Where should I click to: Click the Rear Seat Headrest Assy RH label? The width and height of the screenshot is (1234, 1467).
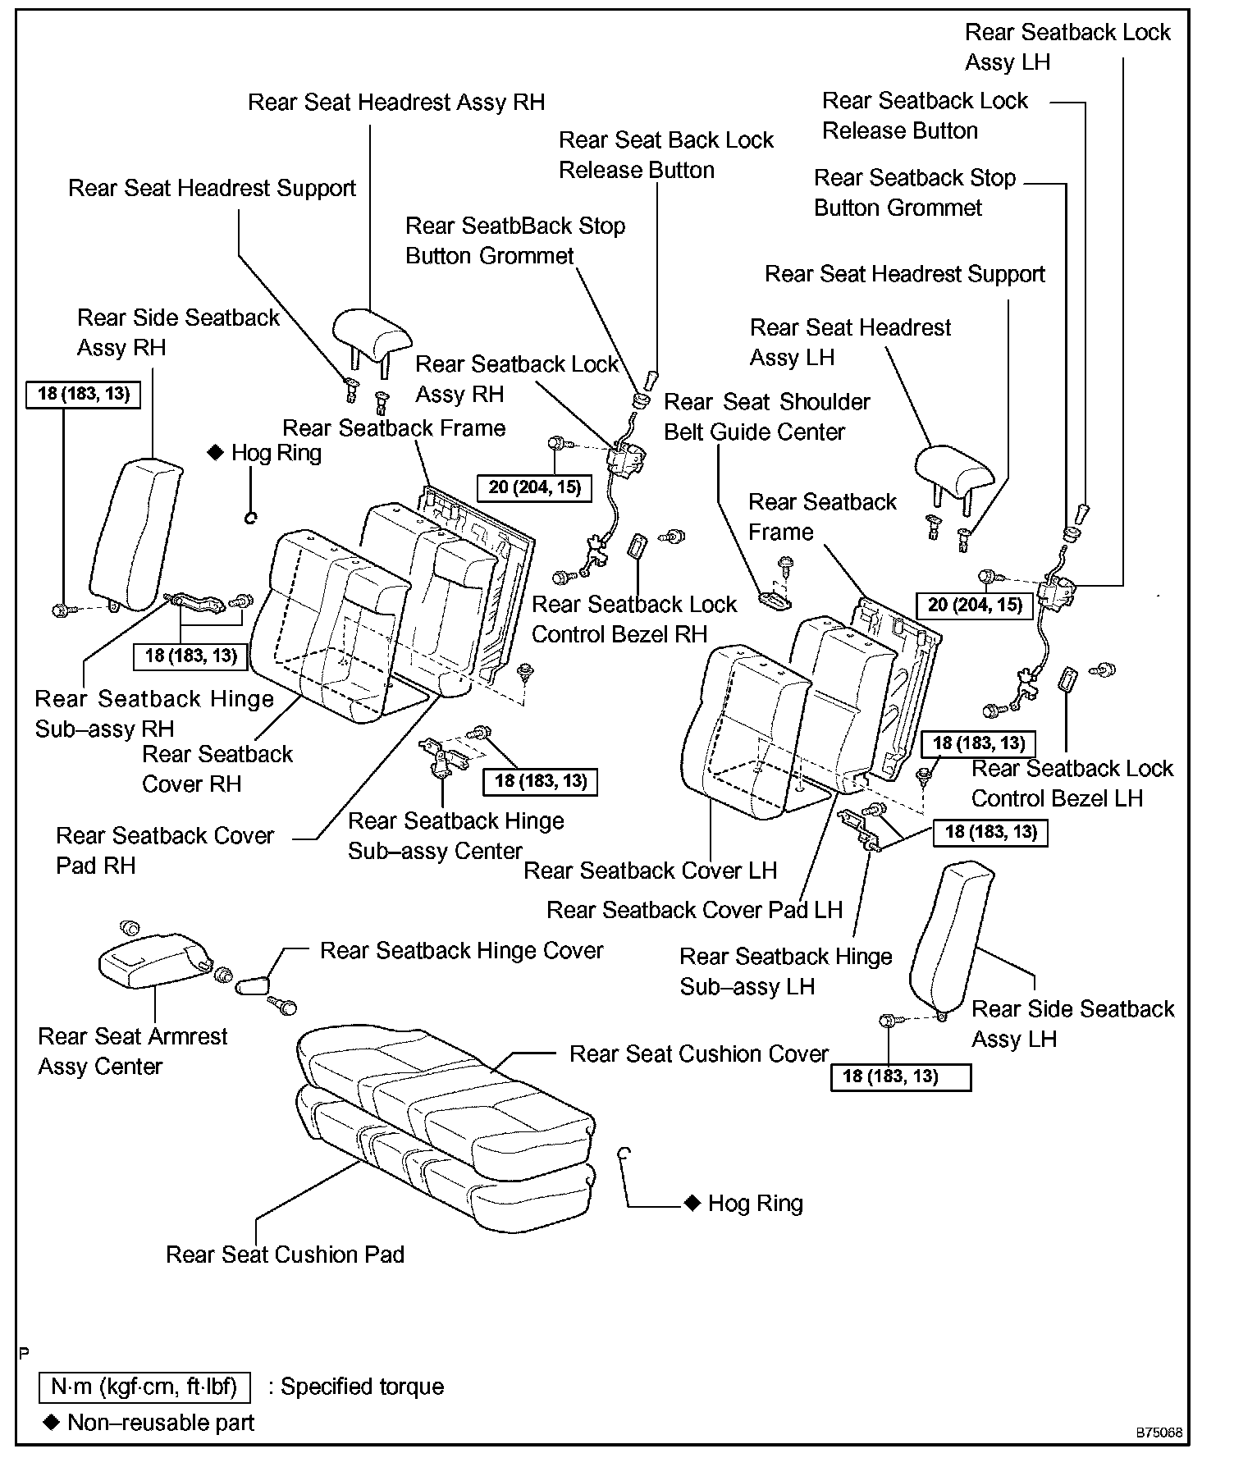click(396, 103)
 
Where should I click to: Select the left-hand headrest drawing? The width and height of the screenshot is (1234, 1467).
click(953, 472)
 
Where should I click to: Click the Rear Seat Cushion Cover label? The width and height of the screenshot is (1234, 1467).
click(699, 1054)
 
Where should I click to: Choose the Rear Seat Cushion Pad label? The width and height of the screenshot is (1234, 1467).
click(285, 1254)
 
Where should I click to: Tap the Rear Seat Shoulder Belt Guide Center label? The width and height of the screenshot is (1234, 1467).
click(766, 417)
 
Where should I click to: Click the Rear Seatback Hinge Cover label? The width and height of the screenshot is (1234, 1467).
click(461, 951)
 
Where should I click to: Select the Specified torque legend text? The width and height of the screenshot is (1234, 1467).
click(362, 1387)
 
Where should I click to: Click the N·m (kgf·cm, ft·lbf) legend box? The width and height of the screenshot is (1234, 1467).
click(144, 1387)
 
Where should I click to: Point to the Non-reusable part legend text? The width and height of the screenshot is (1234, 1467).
click(160, 1423)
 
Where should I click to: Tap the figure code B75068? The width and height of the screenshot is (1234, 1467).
click(1159, 1433)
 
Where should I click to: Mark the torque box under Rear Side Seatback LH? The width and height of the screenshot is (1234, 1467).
click(900, 1076)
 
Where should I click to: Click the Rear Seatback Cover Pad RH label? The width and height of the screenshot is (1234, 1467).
click(164, 851)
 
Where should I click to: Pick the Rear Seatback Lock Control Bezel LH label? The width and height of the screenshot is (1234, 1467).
click(1072, 784)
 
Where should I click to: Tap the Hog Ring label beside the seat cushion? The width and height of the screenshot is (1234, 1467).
click(755, 1204)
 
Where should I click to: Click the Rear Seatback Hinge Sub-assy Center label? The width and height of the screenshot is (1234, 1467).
click(455, 836)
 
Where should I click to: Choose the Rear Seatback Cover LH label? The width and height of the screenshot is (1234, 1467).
click(650, 871)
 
